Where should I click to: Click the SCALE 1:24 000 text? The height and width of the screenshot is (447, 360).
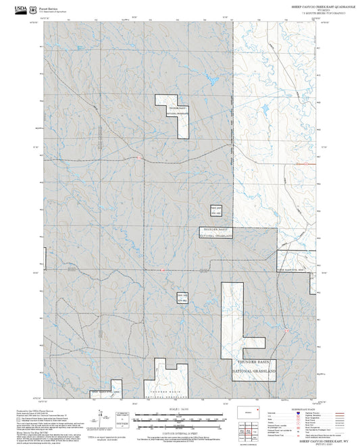pos(179,410)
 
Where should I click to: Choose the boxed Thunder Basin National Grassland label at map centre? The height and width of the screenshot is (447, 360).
pos(217,233)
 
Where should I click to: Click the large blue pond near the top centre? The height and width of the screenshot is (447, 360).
pos(211,82)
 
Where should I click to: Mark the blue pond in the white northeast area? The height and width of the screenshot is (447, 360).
pos(265,108)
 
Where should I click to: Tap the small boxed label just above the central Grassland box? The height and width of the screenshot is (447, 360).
pos(215,211)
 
